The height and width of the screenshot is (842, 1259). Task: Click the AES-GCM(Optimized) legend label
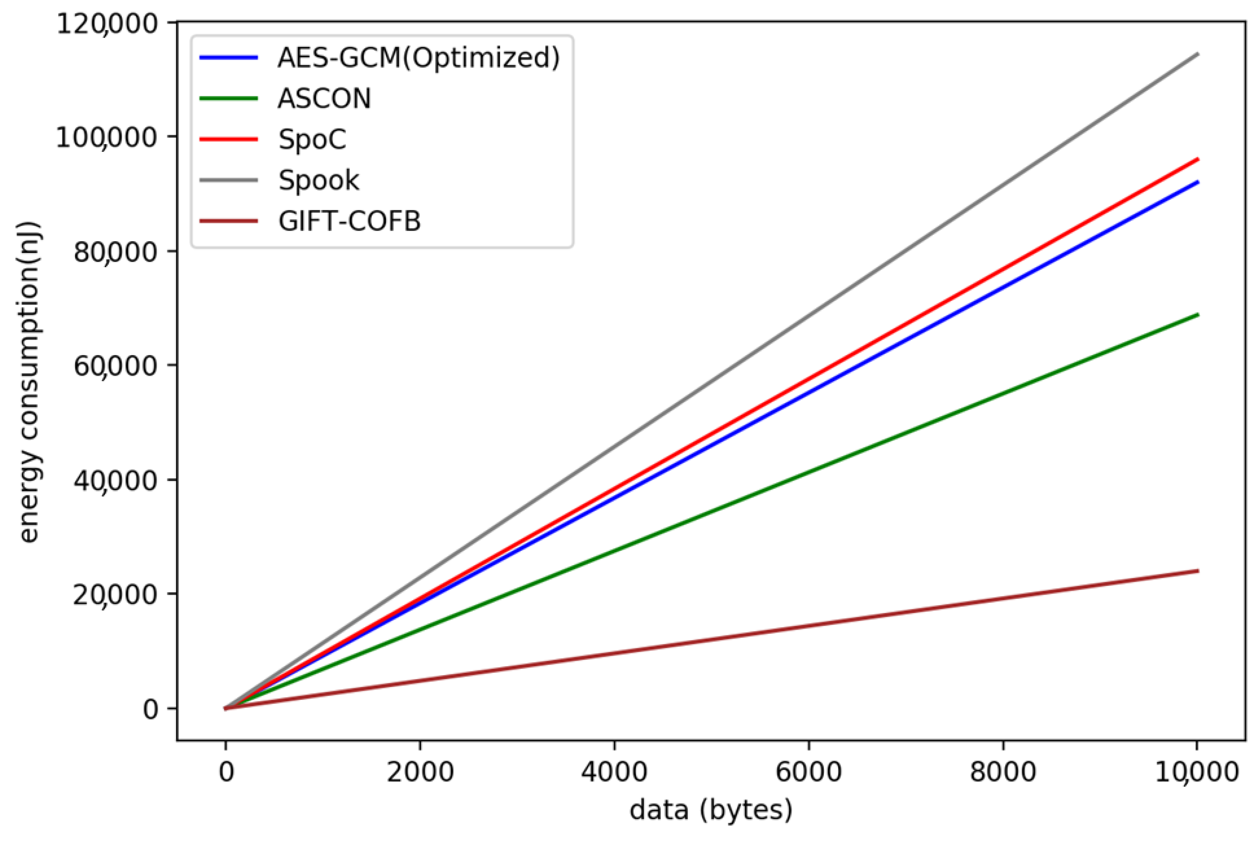418,58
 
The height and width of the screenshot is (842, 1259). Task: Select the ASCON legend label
324,99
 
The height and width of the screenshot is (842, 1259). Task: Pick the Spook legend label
318,180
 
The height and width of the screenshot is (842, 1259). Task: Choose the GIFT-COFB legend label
349,221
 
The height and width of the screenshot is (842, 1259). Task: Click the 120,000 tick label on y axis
108,24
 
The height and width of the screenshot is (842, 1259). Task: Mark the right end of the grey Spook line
1197,54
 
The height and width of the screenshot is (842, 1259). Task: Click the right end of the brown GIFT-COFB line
1197,571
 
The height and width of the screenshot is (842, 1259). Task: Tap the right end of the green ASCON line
1197,315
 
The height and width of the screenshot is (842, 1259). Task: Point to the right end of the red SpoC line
1197,159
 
